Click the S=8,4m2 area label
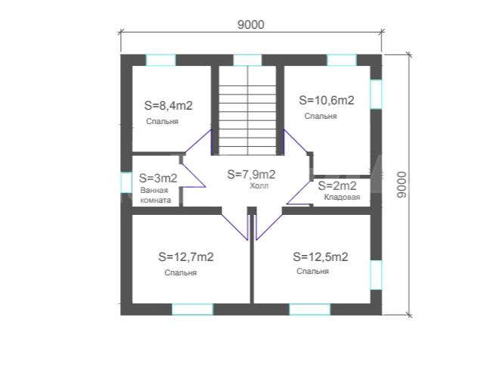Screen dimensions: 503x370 click(169, 106)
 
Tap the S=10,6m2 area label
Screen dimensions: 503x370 click(327, 100)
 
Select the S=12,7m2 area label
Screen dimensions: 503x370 click(186, 257)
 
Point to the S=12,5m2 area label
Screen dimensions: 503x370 click(321, 257)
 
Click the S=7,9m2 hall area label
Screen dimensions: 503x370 click(251, 174)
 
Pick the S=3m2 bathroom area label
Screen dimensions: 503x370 click(158, 178)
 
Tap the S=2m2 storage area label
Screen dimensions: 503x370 click(337, 185)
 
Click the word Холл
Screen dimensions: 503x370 click(259, 186)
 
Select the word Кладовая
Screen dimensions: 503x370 click(342, 197)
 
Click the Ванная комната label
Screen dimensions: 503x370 click(156, 195)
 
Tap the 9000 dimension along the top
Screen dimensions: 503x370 click(251, 25)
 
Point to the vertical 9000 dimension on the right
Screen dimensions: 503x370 click(402, 185)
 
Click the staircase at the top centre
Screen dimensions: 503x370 click(247, 110)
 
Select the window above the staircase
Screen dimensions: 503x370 click(247, 61)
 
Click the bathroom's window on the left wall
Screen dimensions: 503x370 click(126, 182)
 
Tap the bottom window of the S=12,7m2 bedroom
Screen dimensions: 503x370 click(192, 309)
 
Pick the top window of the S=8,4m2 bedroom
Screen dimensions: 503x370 click(161, 61)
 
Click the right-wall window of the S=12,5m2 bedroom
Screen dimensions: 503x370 click(376, 275)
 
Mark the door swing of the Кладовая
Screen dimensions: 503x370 click(299, 192)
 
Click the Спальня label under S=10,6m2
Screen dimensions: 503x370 click(321, 117)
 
